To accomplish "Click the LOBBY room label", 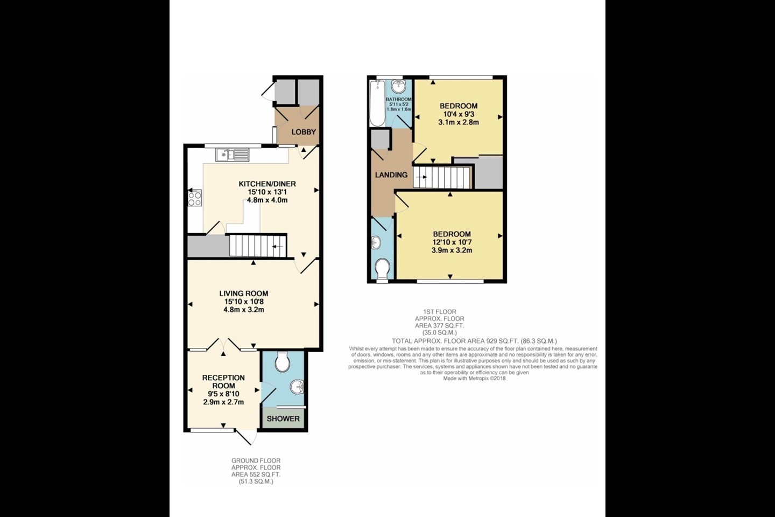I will (304, 132).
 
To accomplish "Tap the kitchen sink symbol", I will (233, 155).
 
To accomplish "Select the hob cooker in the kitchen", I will (194, 198).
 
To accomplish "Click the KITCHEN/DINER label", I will (267, 184).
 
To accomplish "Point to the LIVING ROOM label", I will (243, 294).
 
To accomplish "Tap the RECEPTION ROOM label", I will (223, 381).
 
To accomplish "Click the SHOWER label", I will (283, 418).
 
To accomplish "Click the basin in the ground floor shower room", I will (297, 386).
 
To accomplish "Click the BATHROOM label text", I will (399, 100).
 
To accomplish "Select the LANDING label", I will (391, 175).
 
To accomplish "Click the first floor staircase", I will (442, 177).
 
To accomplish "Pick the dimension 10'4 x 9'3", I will (459, 114).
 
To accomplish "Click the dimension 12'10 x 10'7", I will (452, 242).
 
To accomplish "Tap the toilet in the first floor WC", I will (383, 268).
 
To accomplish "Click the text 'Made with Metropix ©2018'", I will (474, 378).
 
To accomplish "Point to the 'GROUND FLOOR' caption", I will (256, 460).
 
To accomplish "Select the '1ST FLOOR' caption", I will (439, 312).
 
